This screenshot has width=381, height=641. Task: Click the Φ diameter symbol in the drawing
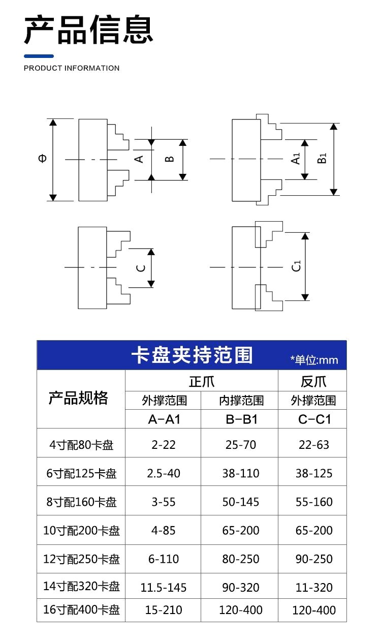coord(42,158)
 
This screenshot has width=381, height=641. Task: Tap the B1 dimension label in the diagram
coord(322,158)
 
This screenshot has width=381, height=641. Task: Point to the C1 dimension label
coord(296,266)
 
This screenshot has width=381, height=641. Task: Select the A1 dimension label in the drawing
coord(296,159)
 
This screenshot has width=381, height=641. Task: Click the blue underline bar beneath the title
coord(39,56)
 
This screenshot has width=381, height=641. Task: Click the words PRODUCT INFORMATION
coord(72,68)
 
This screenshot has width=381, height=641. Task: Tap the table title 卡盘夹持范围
coord(192,355)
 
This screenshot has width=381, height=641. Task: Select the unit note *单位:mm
coord(314,360)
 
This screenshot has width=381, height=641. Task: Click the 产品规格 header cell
coord(78,398)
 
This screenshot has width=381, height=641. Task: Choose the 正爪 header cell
coord(201,381)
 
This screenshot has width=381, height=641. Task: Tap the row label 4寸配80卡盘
coord(81,445)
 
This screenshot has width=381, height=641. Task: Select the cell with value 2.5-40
coord(164,473)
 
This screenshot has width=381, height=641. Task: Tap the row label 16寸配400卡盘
coord(81,609)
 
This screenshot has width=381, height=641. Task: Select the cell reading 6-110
coord(164,559)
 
